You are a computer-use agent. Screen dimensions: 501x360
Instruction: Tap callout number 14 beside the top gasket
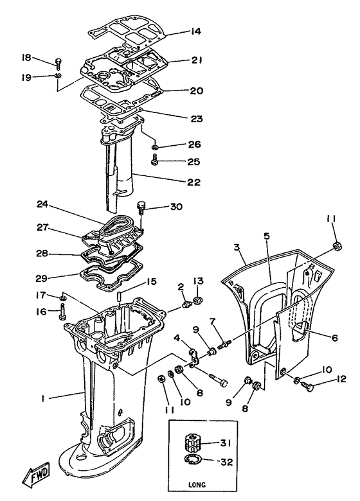tap(195, 31)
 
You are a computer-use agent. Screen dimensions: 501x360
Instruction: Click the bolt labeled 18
tap(59, 64)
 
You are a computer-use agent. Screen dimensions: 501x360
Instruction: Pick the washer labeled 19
tap(58, 78)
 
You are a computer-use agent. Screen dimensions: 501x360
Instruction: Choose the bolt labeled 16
tap(62, 312)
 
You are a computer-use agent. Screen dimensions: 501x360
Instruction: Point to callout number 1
tap(42, 399)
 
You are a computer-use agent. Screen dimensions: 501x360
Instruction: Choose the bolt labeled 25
tap(156, 160)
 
